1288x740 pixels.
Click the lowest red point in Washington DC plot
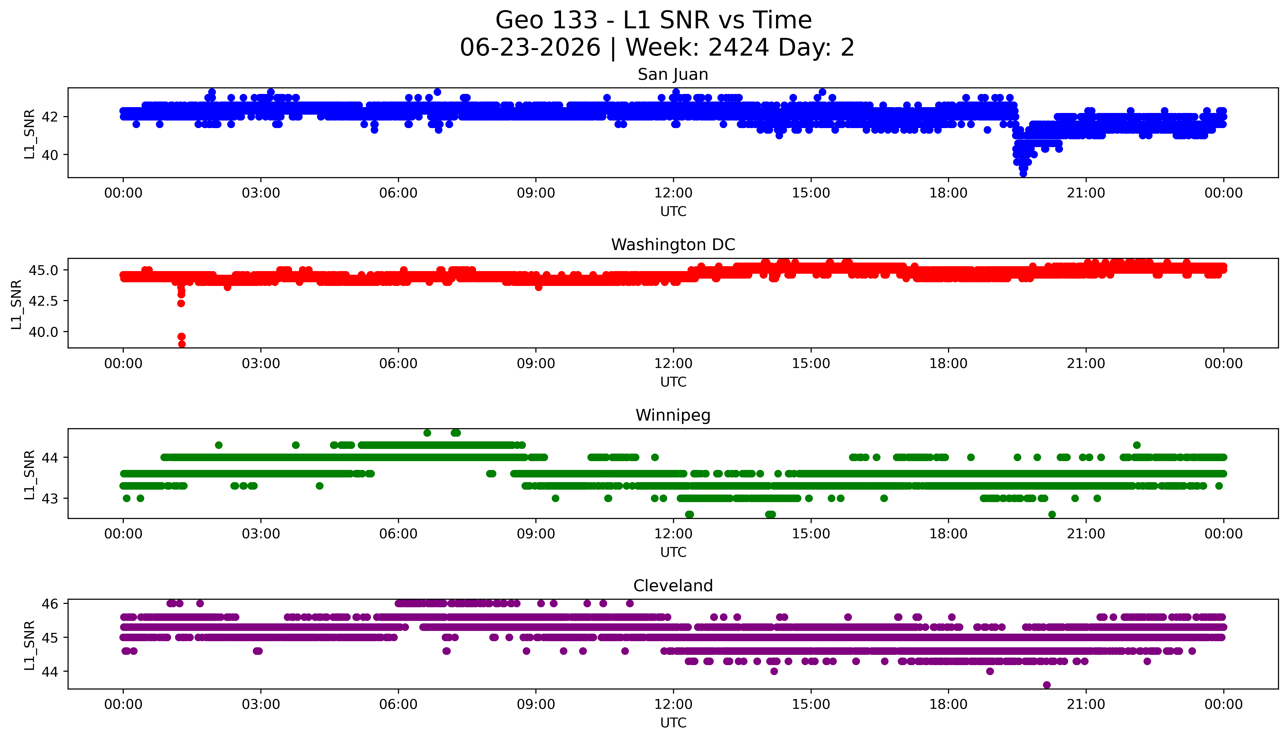[x=182, y=344]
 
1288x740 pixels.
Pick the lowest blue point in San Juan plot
[x=1023, y=174]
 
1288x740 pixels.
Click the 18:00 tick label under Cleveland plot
[x=949, y=704]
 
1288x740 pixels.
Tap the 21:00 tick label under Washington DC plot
[x=1086, y=363]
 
